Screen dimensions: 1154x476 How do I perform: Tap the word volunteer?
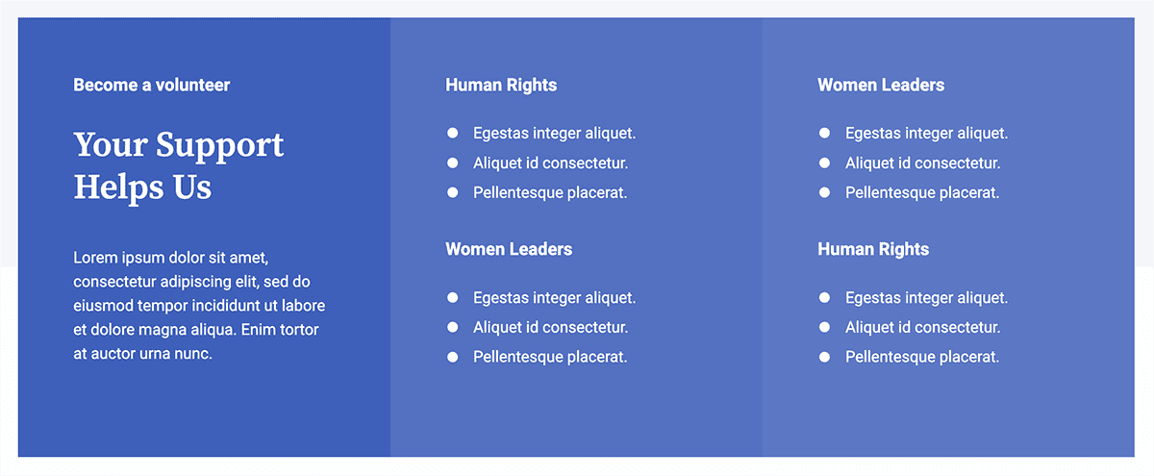coord(192,85)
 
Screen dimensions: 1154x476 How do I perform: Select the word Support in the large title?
coord(219,146)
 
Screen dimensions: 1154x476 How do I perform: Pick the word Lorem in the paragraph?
coord(95,258)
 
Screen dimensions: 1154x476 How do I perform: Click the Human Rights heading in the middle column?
coord(501,86)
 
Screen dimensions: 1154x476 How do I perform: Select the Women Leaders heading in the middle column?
coord(509,249)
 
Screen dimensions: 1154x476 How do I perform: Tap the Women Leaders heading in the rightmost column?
coord(881,85)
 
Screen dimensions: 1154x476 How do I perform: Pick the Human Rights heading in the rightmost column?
coord(873,250)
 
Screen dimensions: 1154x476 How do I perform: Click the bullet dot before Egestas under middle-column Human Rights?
coord(453,134)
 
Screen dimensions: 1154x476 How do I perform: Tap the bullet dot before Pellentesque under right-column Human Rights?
coord(825,357)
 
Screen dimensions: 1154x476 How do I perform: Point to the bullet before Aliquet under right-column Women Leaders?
coord(825,163)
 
